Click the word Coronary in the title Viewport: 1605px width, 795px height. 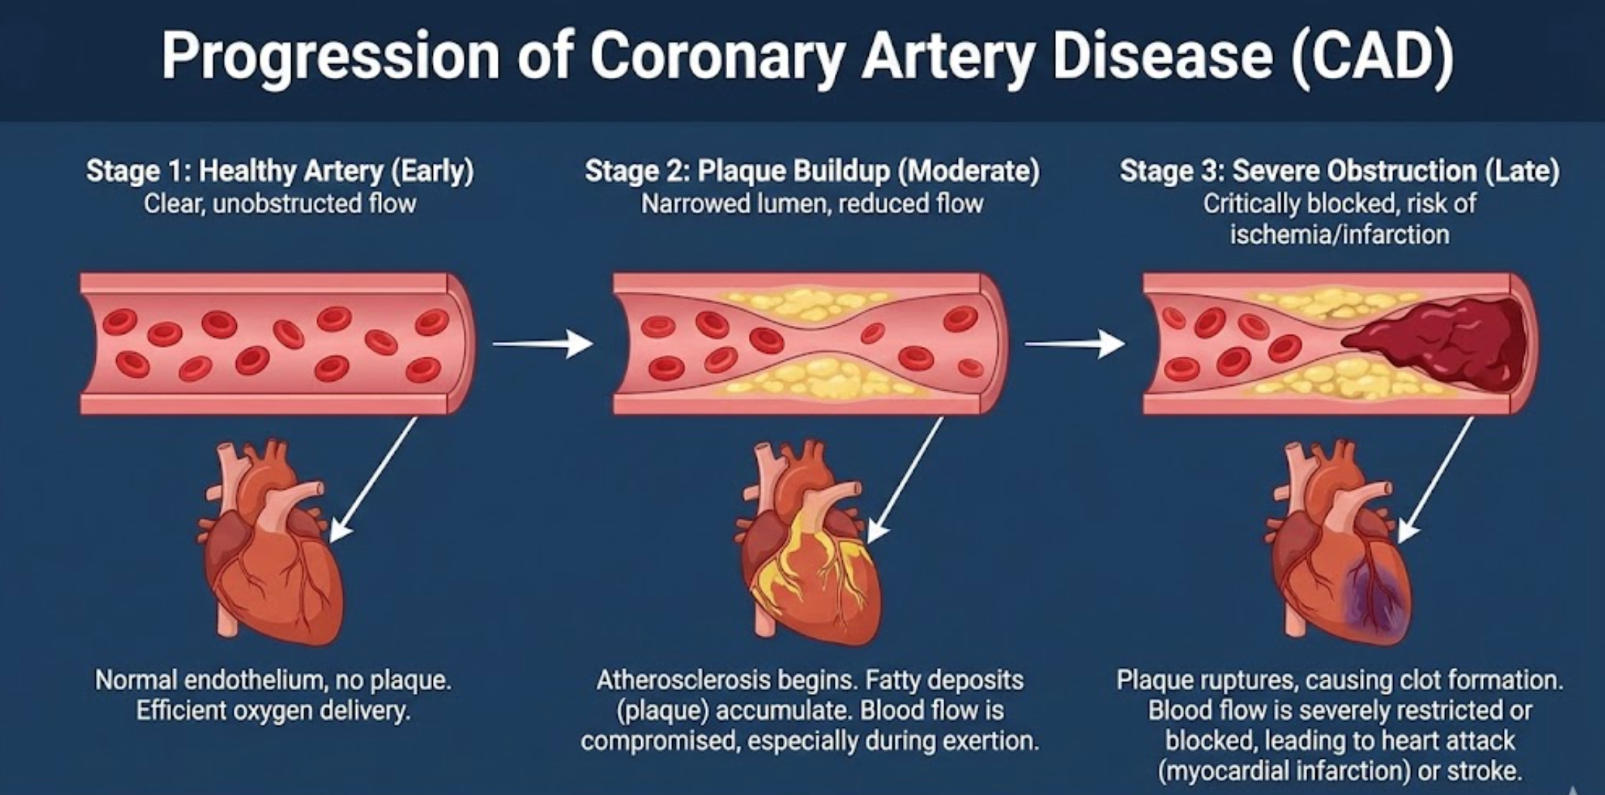[x=717, y=57]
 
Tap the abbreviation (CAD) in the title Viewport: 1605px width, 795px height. [x=1372, y=57]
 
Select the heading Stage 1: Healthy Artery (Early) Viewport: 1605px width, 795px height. [x=280, y=171]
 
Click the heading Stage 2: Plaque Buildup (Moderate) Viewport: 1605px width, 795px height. [x=812, y=171]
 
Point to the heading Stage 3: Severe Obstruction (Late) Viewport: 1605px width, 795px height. [x=1339, y=171]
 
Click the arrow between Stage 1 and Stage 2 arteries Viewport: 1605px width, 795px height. [x=542, y=344]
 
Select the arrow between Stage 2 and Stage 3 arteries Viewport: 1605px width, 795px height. [x=1074, y=344]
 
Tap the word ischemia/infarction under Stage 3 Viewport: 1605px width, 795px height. [x=1339, y=235]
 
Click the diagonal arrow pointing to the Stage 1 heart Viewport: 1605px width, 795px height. [x=373, y=480]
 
